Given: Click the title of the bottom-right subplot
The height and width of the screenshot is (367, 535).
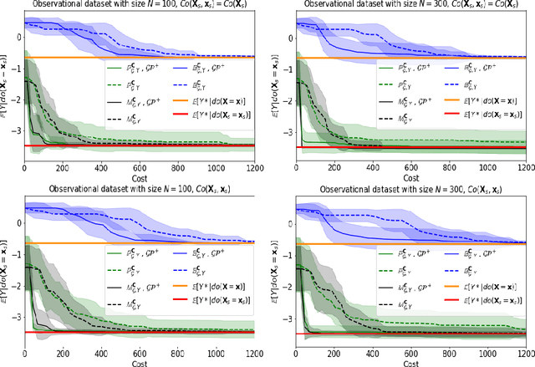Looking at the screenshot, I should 408,189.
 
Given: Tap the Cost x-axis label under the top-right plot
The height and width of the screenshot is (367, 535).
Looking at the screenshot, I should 408,177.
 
